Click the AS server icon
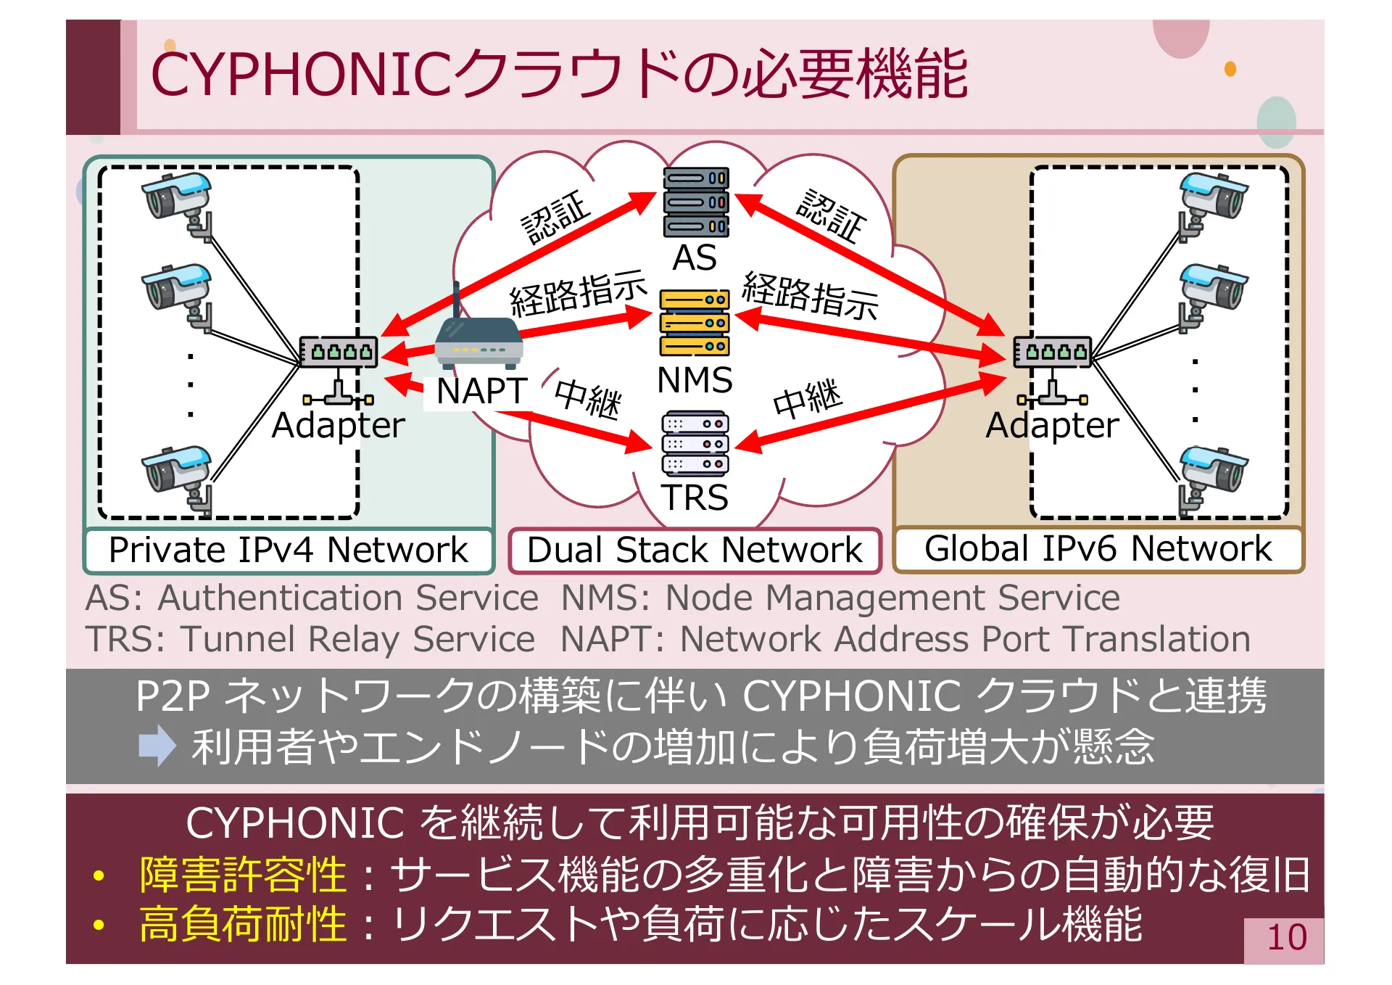(x=695, y=202)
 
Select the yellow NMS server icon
(x=695, y=322)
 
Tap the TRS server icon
(x=695, y=443)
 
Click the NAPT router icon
(x=478, y=341)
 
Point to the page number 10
(x=1286, y=938)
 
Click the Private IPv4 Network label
(x=289, y=550)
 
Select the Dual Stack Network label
(x=695, y=551)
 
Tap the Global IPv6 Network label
(x=1098, y=548)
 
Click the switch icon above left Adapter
(x=339, y=353)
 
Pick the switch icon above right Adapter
(x=1052, y=353)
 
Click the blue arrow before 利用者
(x=157, y=746)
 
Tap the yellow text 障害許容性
(x=243, y=875)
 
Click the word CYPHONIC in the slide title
(x=304, y=75)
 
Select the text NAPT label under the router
(x=481, y=392)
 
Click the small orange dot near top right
(x=1230, y=69)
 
